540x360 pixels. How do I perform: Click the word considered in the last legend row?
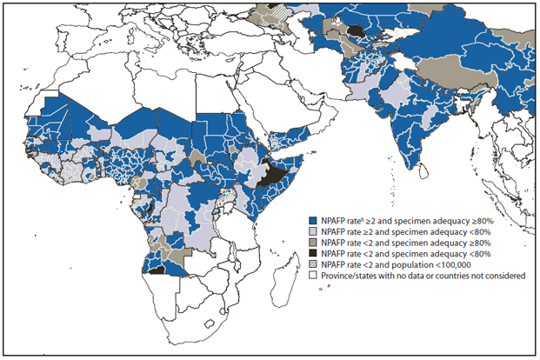(503, 277)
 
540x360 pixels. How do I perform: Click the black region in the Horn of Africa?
(277, 175)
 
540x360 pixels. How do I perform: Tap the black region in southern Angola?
(157, 271)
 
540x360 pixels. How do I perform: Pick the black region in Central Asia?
(357, 31)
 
